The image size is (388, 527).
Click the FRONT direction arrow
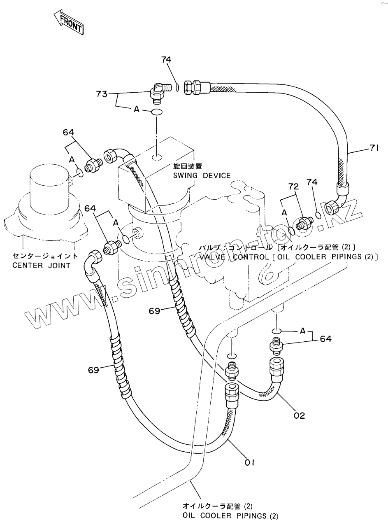[69, 22]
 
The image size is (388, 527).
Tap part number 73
[102, 94]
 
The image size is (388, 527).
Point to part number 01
[250, 462]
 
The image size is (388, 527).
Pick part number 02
[299, 415]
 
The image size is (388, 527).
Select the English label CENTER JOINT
[41, 266]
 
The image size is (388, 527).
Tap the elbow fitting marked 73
[158, 93]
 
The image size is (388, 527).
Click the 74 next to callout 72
[313, 182]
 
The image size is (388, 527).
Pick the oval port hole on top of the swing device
[157, 157]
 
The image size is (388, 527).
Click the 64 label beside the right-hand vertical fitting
[325, 339]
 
